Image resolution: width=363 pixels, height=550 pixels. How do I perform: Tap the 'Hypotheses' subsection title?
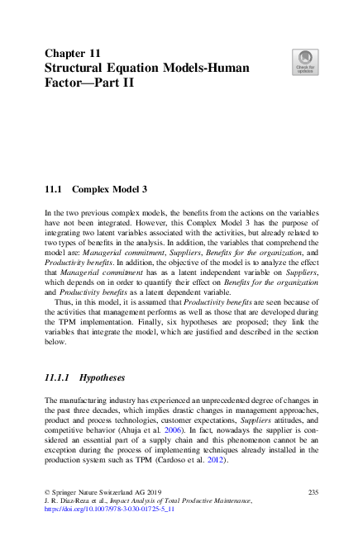click(101, 377)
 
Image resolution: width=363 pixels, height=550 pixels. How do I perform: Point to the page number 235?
click(313, 492)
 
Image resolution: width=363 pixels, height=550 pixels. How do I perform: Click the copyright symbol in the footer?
click(47, 493)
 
